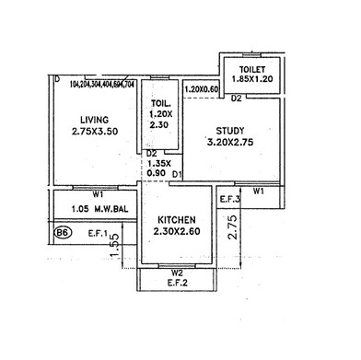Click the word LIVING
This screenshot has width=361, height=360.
coord(95,120)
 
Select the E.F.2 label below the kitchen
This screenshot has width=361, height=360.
coord(178,284)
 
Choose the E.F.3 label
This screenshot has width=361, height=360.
coord(231,199)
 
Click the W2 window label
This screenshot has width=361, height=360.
coord(178,273)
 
